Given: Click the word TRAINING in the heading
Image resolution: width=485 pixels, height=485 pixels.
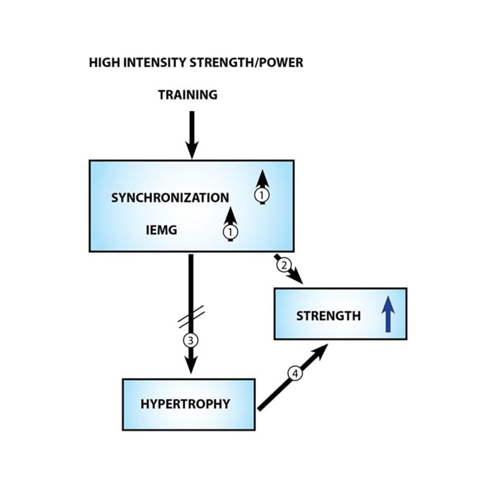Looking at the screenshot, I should pyautogui.click(x=187, y=95).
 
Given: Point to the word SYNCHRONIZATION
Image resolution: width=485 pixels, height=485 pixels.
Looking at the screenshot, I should pyautogui.click(x=169, y=197).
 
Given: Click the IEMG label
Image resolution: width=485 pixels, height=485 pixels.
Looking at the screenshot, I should pyautogui.click(x=161, y=229).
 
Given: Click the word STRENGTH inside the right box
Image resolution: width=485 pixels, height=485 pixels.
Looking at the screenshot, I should pyautogui.click(x=328, y=316).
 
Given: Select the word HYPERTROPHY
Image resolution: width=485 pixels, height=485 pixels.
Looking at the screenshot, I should pyautogui.click(x=185, y=404).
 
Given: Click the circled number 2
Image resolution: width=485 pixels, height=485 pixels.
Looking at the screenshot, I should pyautogui.click(x=284, y=265).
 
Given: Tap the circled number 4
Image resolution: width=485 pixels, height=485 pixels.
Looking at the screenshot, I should pyautogui.click(x=296, y=372).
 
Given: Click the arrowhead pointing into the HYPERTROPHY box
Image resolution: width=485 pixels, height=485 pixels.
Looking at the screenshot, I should pyautogui.click(x=191, y=366).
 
